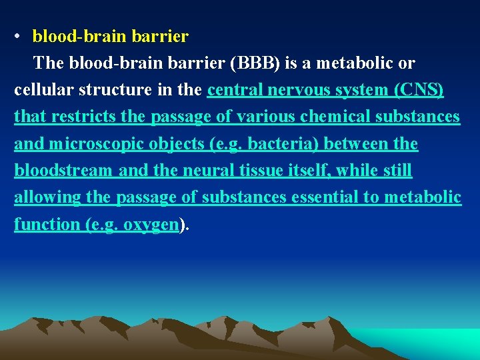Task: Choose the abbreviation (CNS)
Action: [x=419, y=90]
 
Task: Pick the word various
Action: [x=254, y=117]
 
